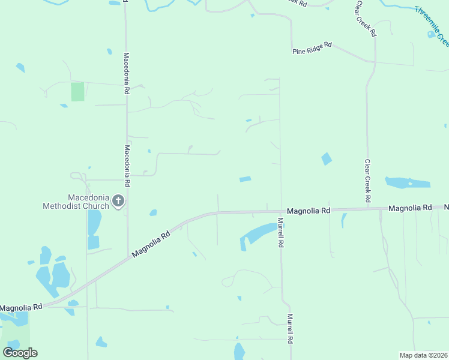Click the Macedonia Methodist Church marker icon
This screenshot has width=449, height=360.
tap(118, 201)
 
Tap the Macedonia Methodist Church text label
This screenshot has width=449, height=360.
tap(76, 202)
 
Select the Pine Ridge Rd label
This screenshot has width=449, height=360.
tap(312, 48)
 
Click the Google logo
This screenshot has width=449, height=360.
tap(20, 352)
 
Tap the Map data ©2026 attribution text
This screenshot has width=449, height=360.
tap(423, 355)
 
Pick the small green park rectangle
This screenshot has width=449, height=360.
tap(77, 92)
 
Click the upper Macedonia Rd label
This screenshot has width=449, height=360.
tap(127, 74)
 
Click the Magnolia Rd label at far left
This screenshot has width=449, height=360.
tap(21, 307)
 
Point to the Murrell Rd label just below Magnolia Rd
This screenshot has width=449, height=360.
tap(280, 233)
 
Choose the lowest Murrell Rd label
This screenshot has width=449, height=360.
tap(289, 329)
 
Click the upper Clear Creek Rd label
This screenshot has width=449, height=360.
tap(366, 19)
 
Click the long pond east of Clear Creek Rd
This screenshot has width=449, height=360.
tap(408, 182)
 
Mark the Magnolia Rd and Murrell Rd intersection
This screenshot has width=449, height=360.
tap(281, 211)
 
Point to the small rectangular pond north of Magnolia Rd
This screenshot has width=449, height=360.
tap(245, 179)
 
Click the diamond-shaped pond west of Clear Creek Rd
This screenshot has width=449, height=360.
tap(327, 159)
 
